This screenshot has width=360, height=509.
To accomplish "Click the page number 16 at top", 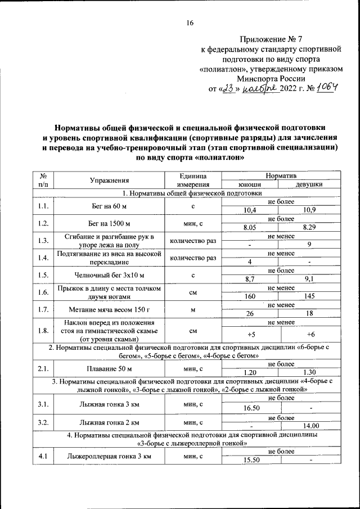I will pyautogui.click(x=190, y=23).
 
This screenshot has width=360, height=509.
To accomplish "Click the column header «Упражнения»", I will pyautogui.click(x=110, y=180).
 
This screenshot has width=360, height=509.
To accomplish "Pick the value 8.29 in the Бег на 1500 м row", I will pyautogui.click(x=309, y=227).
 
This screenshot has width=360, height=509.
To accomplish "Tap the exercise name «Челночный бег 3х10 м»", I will pyautogui.click(x=110, y=276).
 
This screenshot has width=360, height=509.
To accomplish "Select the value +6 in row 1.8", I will pyautogui.click(x=309, y=335).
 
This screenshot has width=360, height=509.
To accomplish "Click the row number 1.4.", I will pyautogui.click(x=43, y=258).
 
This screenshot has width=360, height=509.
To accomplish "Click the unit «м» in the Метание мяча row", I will pyautogui.click(x=192, y=310).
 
